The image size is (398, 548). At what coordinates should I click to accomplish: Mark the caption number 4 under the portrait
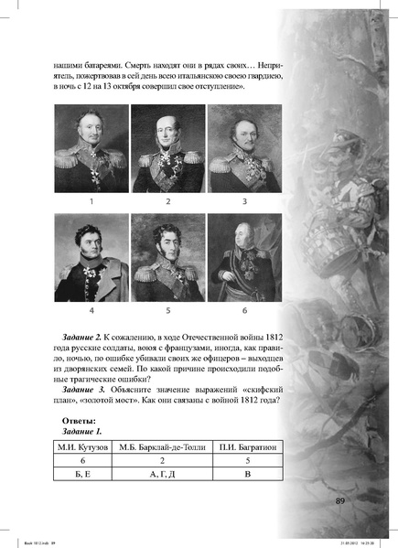point(91,310)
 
